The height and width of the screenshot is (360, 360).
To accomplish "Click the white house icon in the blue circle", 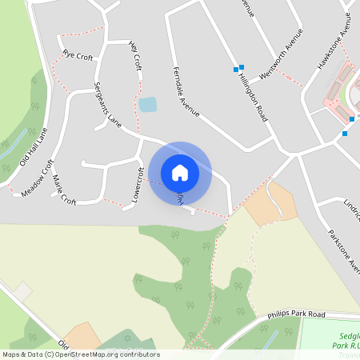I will click(180, 172).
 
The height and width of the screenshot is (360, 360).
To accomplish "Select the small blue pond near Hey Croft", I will click(148, 104).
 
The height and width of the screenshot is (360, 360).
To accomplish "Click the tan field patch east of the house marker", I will click(270, 203).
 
